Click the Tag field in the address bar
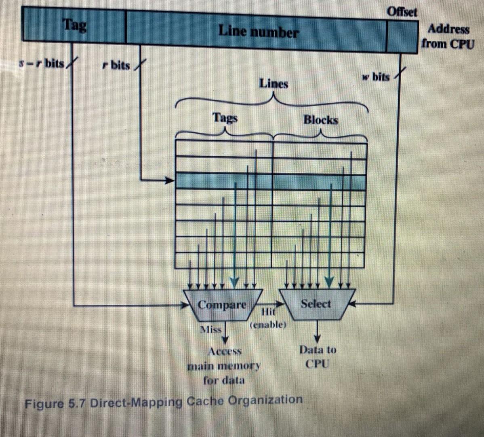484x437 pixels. pos(74,25)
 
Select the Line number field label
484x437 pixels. pos(258,31)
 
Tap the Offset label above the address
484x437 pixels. pos(402,11)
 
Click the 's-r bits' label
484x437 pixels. pos(42,64)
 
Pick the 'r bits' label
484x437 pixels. pos(116,65)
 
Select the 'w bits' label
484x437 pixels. pos(376,76)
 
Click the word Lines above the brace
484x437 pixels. pos(274,84)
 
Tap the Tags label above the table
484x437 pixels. pos(225,118)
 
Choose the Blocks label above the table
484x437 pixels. pos(320,120)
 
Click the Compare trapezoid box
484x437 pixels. pos(222,304)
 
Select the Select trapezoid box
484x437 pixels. pos(316,304)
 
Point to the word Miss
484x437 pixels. pos(211,329)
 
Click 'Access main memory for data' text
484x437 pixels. pos(225,366)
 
